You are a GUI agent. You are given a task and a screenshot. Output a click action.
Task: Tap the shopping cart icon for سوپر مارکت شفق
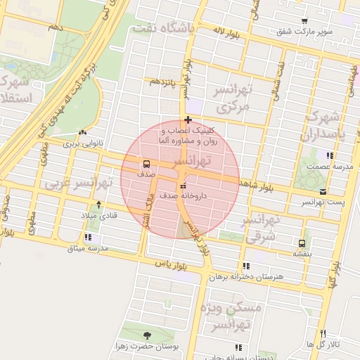[x=304, y=21]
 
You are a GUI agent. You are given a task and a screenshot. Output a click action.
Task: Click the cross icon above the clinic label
[x=188, y=120]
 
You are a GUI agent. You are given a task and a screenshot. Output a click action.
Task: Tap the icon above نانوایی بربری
[x=84, y=132]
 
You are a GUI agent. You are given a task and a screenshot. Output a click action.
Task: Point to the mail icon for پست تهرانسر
[x=323, y=191]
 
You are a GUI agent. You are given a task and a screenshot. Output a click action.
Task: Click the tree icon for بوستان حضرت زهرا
[x=146, y=335]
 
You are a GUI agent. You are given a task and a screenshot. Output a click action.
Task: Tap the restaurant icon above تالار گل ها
[x=323, y=333]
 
